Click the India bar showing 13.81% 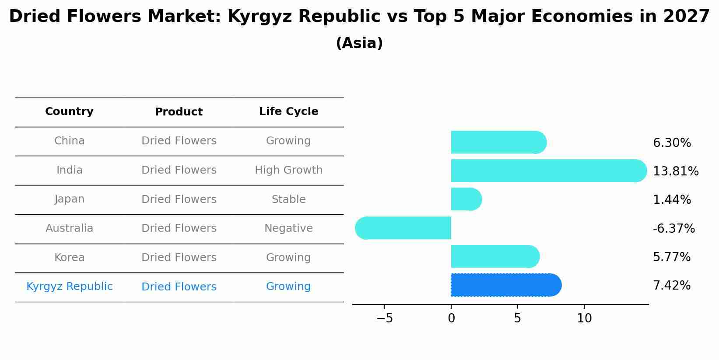547,171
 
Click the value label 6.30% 672,143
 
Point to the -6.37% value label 673,228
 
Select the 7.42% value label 671,286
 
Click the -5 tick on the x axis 385,318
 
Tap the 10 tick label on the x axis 584,318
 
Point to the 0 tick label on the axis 451,318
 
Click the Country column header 69,112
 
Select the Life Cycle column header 288,112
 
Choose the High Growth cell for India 288,170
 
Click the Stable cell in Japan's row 288,199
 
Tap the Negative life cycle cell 288,228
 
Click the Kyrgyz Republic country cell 69,287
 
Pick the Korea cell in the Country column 69,258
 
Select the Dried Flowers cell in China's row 179,141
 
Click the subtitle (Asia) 359,43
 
